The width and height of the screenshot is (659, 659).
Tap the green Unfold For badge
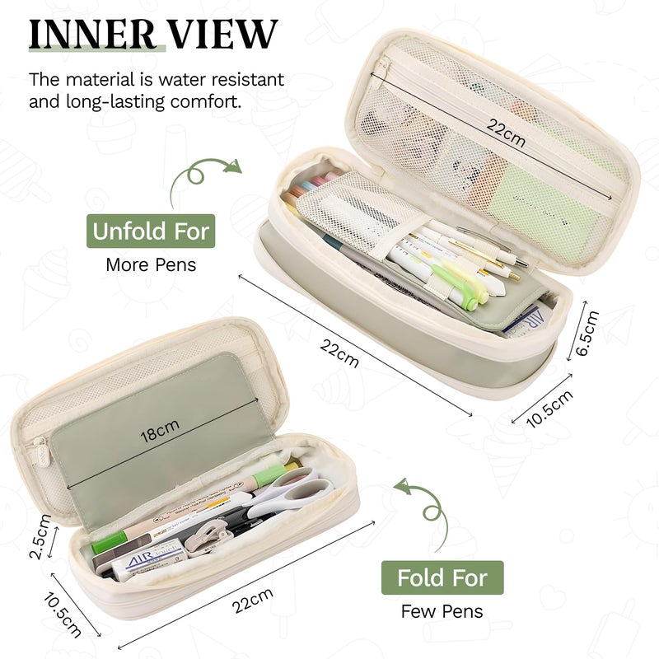coord(151,231)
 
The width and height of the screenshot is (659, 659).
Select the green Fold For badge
coord(442,577)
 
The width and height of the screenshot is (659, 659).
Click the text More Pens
coord(151,264)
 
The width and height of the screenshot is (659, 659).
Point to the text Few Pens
coord(442,611)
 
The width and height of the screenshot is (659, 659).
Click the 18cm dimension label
coord(160,431)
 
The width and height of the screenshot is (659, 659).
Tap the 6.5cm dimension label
coord(587,333)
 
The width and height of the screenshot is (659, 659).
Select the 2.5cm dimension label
coord(40,537)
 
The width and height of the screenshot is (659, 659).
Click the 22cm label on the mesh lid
coord(506,133)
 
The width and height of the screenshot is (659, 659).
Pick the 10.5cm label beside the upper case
coord(549,409)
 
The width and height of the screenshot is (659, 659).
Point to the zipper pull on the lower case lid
coord(42,451)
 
